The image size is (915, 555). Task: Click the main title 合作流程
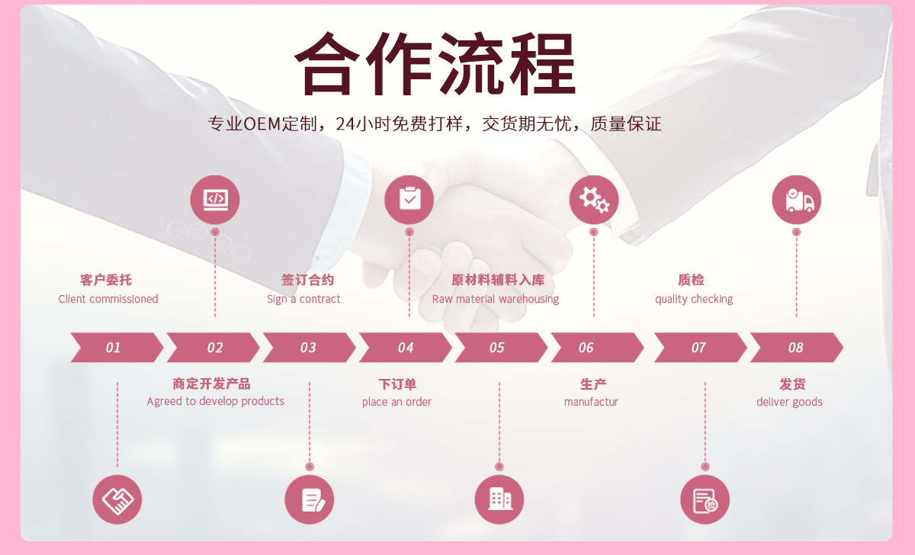point(435,64)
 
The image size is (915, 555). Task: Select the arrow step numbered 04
point(406,348)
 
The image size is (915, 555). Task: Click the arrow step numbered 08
point(796,348)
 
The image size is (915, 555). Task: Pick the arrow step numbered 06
point(587,348)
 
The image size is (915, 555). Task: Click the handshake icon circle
point(117,500)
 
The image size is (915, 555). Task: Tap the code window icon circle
point(215,200)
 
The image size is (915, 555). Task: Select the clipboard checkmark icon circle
point(409,200)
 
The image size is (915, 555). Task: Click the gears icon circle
point(594,200)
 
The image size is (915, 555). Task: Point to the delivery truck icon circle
point(797,200)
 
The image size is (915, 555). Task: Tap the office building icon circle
point(500,500)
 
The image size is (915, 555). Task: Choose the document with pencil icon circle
point(310,500)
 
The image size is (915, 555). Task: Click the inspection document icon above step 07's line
point(705,500)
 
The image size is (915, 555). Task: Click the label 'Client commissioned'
point(108,299)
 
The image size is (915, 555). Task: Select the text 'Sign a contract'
point(303,299)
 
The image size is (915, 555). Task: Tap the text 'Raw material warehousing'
point(496,299)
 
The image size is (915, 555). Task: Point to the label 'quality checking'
point(694,299)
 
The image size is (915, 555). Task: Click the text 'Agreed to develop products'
point(216,401)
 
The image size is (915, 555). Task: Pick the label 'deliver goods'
point(789,402)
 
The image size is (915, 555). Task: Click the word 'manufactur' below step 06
point(591,402)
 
